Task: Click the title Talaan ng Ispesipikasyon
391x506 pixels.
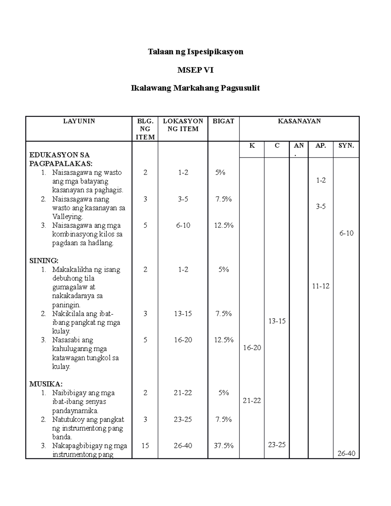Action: tap(195, 52)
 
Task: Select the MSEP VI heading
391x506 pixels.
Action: tap(195, 70)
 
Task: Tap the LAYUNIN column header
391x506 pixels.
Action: tap(79, 121)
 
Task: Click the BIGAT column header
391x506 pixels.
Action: tap(224, 121)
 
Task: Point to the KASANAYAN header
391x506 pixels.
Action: tap(299, 121)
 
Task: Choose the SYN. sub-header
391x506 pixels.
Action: tap(346, 146)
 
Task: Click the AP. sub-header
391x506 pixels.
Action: tap(321, 146)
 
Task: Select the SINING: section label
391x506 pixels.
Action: tap(44, 261)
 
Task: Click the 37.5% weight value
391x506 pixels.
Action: tap(224, 445)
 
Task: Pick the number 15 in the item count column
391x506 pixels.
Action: tap(145, 445)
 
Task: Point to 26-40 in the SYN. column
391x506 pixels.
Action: tap(346, 453)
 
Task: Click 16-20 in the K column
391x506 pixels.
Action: tap(252, 348)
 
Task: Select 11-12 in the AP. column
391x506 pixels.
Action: tap(321, 286)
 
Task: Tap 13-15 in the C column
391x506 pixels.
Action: tap(277, 321)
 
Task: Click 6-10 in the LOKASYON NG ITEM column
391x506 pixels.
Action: tap(183, 225)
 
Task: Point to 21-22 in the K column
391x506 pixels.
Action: tap(252, 401)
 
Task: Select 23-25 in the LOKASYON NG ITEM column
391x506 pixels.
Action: tap(183, 419)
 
